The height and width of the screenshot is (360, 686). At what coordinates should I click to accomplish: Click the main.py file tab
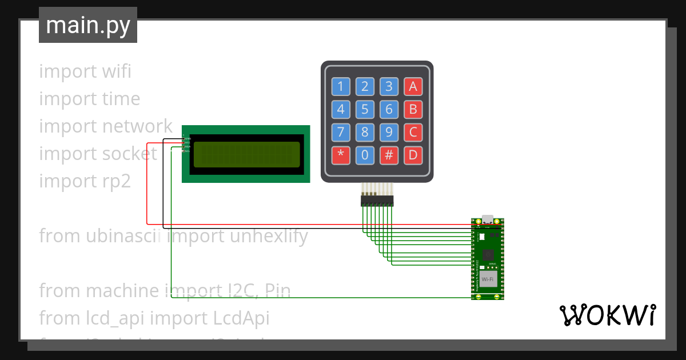[x=87, y=25]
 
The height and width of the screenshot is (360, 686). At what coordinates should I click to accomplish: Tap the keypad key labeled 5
[x=365, y=109]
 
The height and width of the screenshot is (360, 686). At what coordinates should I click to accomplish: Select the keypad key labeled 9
[x=389, y=133]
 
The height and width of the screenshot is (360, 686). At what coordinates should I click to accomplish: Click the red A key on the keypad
[x=413, y=86]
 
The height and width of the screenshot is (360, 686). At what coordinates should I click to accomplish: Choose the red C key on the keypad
[x=413, y=133]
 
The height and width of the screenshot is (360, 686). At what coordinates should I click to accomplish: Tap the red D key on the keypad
[x=413, y=155]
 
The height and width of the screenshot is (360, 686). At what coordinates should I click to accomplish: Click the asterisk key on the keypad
[x=341, y=155]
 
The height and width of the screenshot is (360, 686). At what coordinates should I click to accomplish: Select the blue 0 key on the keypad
[x=365, y=155]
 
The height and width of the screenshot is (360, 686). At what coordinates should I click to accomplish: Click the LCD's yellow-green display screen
[x=246, y=154]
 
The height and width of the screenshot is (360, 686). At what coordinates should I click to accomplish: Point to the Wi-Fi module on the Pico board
[x=488, y=279]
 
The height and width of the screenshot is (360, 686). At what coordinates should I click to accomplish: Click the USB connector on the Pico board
[x=488, y=219]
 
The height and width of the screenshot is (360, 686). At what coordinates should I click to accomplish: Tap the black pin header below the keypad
[x=377, y=201]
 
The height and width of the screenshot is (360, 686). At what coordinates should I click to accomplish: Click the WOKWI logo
[x=607, y=315]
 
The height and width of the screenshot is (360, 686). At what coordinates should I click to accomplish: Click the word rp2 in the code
[x=116, y=181]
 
